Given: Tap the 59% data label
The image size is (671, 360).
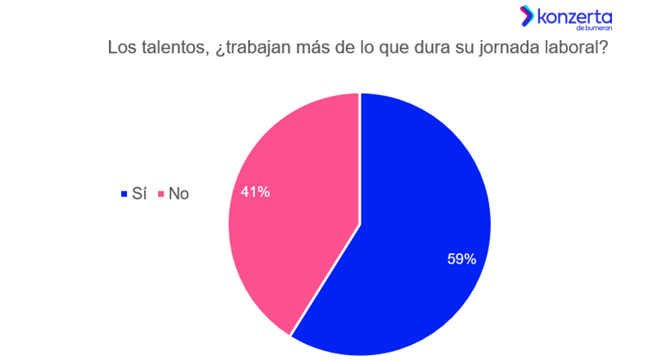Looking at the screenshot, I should [462, 259].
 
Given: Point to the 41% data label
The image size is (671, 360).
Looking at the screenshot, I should [255, 193].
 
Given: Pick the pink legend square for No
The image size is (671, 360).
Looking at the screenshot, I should [161, 195].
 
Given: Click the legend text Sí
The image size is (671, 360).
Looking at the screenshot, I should [137, 194].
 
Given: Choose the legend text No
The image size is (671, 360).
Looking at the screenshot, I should [178, 194].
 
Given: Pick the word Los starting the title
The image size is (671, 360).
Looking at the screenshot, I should [121, 47].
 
